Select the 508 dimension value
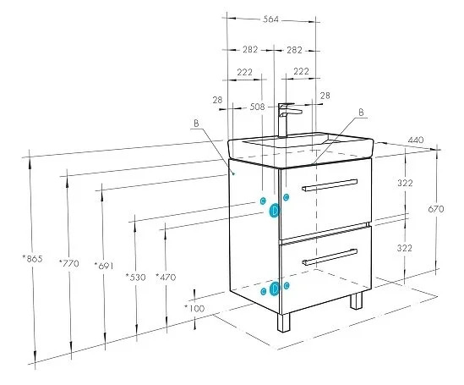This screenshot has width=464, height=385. click(x=257, y=107)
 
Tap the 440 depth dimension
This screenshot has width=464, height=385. click(x=415, y=140)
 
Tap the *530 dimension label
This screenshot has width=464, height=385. click(x=134, y=277)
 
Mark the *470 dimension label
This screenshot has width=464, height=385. click(x=166, y=277)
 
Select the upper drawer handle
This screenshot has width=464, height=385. click(x=330, y=184)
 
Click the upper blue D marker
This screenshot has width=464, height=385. click(x=275, y=212)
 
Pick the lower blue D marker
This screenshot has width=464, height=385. click(x=274, y=289)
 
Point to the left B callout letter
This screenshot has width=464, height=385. click(x=196, y=124)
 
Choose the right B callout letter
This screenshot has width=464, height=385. click(x=361, y=112)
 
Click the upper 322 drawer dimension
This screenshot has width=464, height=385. click(x=406, y=183)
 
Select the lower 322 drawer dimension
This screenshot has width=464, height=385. click(x=406, y=248)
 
